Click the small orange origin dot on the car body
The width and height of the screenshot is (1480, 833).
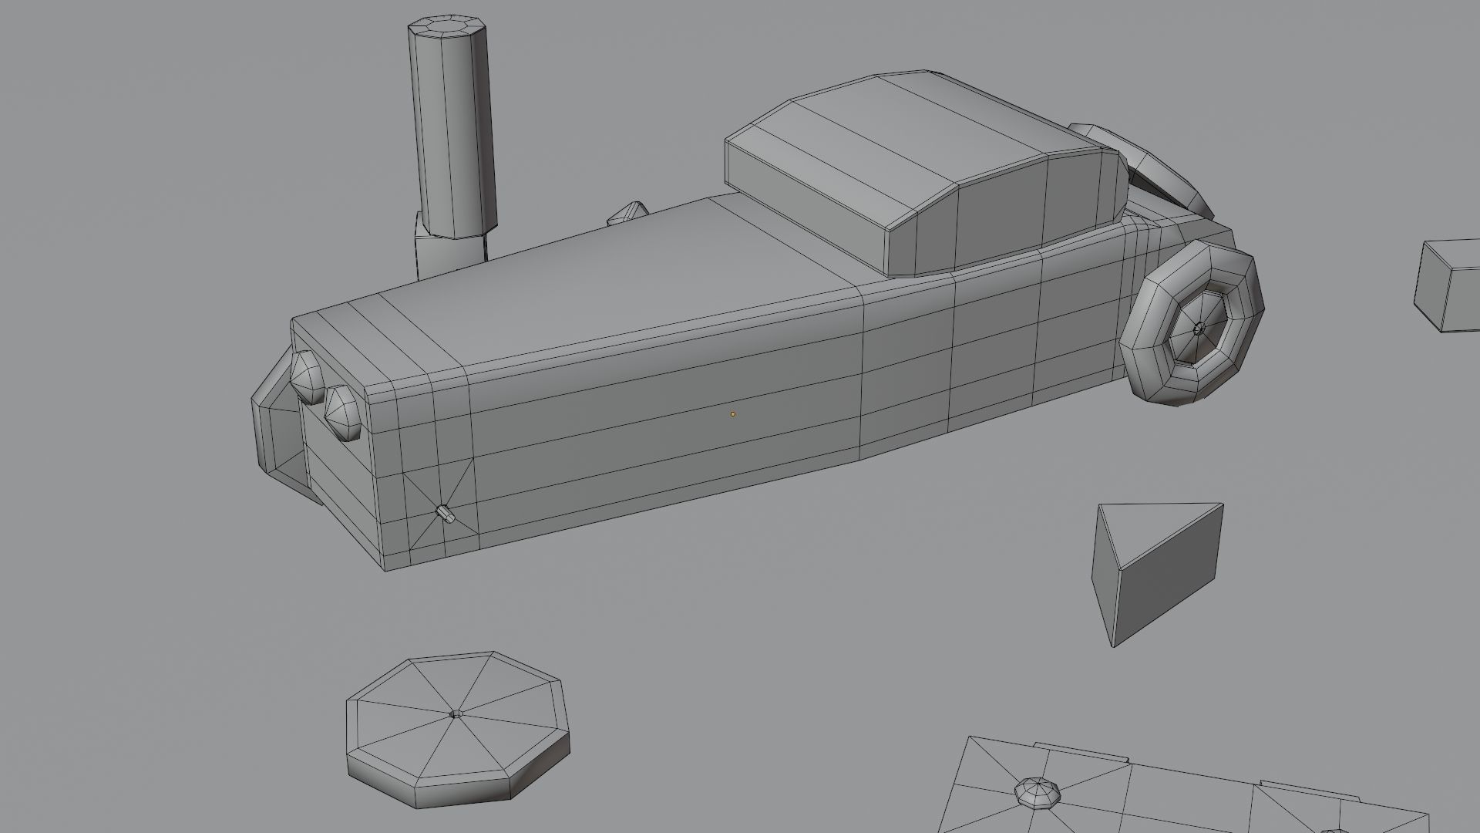(732, 414)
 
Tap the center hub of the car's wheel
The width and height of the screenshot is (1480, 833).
(1198, 329)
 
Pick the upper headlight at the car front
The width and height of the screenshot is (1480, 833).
(307, 376)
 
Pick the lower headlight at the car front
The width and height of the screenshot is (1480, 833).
(343, 413)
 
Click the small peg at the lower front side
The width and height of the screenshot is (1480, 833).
(445, 513)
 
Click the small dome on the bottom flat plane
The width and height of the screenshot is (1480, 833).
(1037, 792)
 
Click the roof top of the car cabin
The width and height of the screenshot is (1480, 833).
(910, 131)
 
